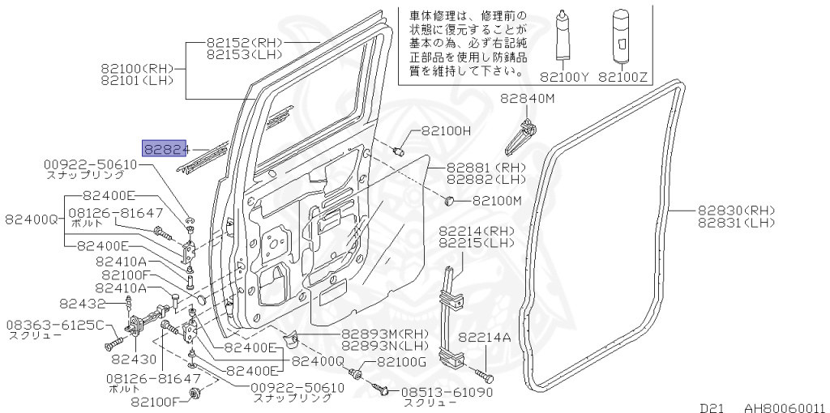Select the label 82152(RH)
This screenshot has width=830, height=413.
[244, 44]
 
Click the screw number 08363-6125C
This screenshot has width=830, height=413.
[56, 326]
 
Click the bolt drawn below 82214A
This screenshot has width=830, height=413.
[485, 375]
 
